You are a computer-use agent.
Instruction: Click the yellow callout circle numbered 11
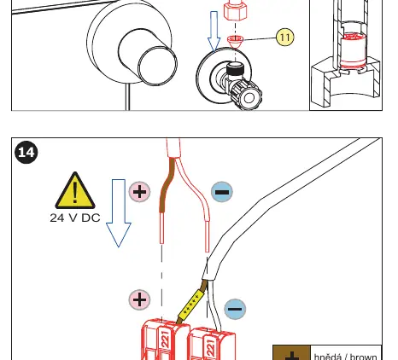[x=285, y=37]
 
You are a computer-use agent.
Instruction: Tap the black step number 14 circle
[x=26, y=152]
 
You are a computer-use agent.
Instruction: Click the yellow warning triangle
[x=75, y=190]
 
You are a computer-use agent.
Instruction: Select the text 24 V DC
[x=75, y=218]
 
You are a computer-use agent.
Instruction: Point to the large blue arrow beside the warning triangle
[x=119, y=213]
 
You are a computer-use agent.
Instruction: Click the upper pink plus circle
[x=139, y=192]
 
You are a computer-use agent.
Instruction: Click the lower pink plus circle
[x=139, y=299]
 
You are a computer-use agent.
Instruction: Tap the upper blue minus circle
[x=222, y=192]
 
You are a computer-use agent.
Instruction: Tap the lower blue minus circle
[x=235, y=309]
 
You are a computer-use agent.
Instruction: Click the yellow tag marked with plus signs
[x=191, y=305]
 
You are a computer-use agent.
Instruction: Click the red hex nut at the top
[x=235, y=11]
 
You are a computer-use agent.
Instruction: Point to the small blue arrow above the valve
[x=214, y=32]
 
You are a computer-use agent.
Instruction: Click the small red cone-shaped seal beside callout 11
[x=235, y=41]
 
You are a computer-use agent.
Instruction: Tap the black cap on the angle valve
[x=235, y=69]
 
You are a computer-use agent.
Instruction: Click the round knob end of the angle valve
[x=249, y=97]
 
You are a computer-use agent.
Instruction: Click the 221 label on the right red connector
[x=211, y=347]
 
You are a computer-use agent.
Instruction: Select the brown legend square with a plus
[x=291, y=353]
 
